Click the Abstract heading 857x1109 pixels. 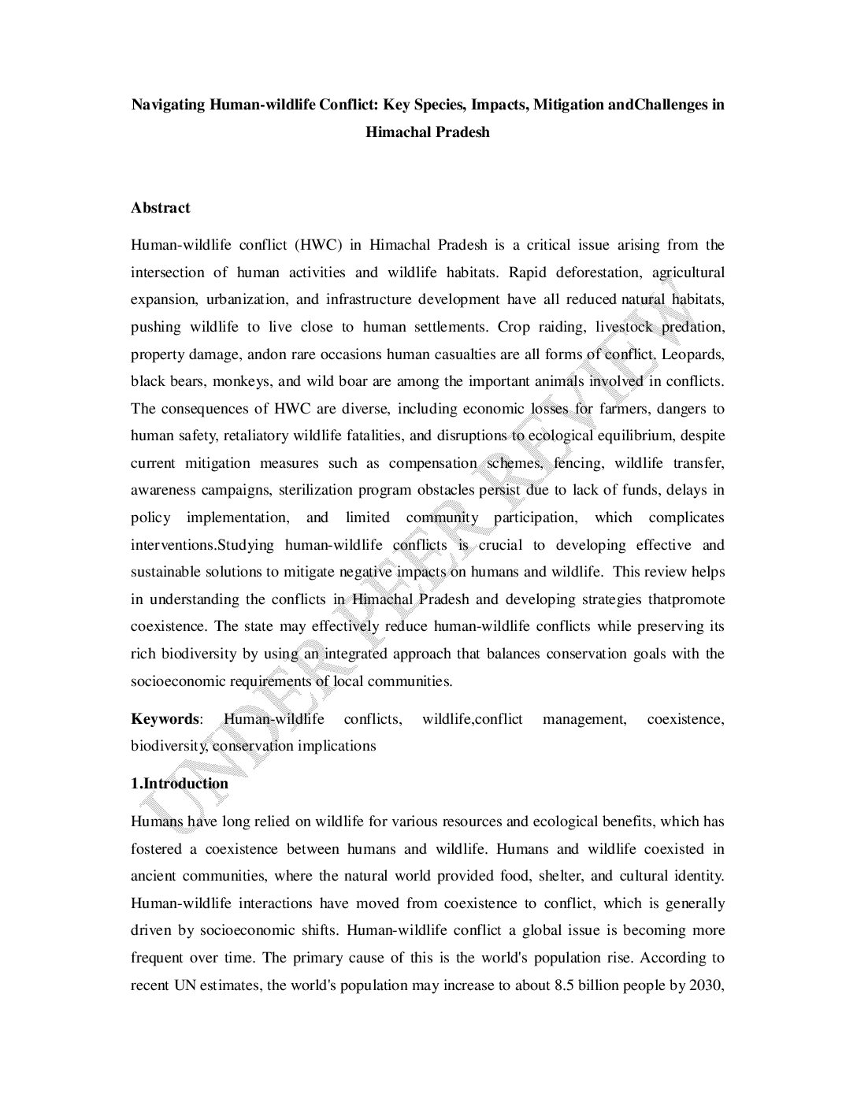[x=160, y=208]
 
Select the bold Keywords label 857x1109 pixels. [x=165, y=719]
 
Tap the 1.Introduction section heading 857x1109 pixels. [x=180, y=784]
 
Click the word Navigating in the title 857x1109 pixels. [x=168, y=104]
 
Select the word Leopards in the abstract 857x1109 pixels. [x=693, y=354]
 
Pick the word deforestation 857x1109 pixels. [x=598, y=273]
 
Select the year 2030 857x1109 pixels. [x=707, y=985]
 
